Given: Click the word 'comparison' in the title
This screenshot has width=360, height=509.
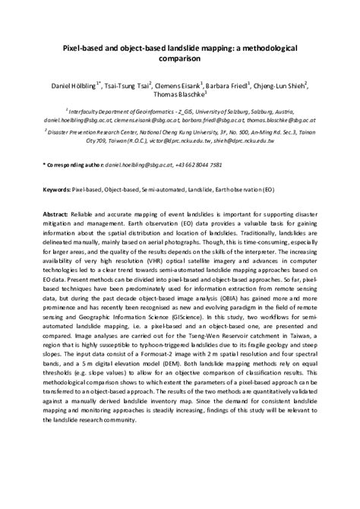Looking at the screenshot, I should coord(180,57).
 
